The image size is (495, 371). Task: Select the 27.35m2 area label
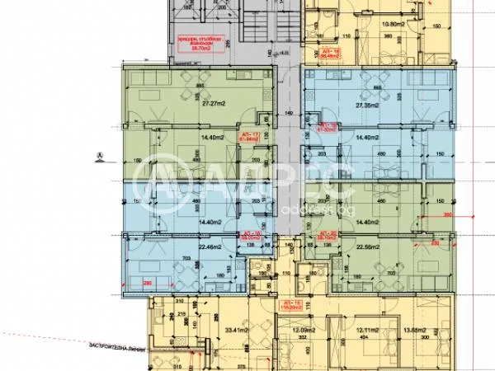click(367, 106)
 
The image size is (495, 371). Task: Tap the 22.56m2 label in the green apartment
click(368, 247)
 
